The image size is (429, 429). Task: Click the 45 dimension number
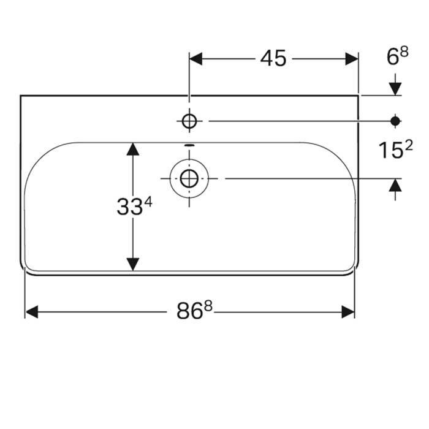coord(273,58)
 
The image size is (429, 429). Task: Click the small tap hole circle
coord(189,121)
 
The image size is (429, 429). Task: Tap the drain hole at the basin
coord(189,178)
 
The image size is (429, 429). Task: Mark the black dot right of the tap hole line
coord(396,121)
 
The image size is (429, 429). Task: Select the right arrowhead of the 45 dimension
coord(352,59)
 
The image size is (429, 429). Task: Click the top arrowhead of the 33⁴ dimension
coord(132,149)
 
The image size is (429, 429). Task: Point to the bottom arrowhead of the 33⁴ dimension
coord(132,264)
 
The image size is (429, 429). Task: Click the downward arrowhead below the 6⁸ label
coord(396,88)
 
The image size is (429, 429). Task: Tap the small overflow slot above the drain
coord(189,146)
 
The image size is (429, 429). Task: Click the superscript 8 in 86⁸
coord(208,306)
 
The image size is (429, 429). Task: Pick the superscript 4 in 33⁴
coord(148,202)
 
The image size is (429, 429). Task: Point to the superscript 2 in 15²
coord(409,145)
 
